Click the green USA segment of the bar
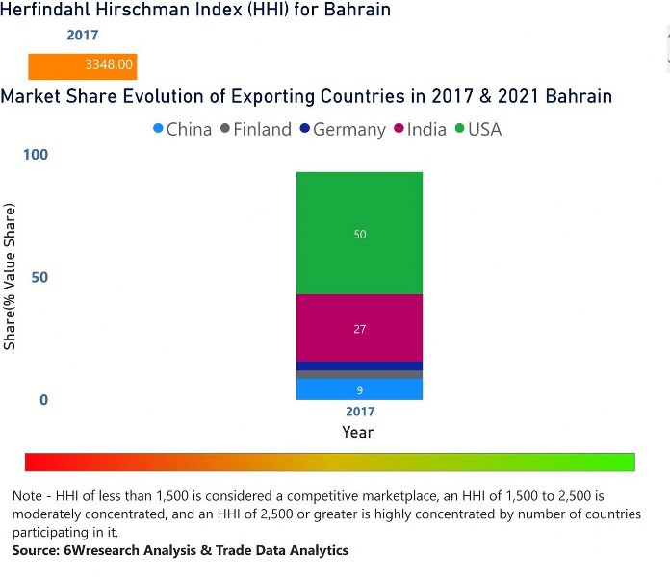359,234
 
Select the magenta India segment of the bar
359,328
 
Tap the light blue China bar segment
359,389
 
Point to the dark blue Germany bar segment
359,365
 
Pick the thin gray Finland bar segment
359,374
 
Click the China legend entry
182,129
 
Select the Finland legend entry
255,129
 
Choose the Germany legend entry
342,129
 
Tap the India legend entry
420,129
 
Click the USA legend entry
478,129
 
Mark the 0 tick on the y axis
43,399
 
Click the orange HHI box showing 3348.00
83,66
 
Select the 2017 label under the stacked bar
359,412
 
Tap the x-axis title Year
358,432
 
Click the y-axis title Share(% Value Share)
11,277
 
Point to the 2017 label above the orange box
82,36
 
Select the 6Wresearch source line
180,550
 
